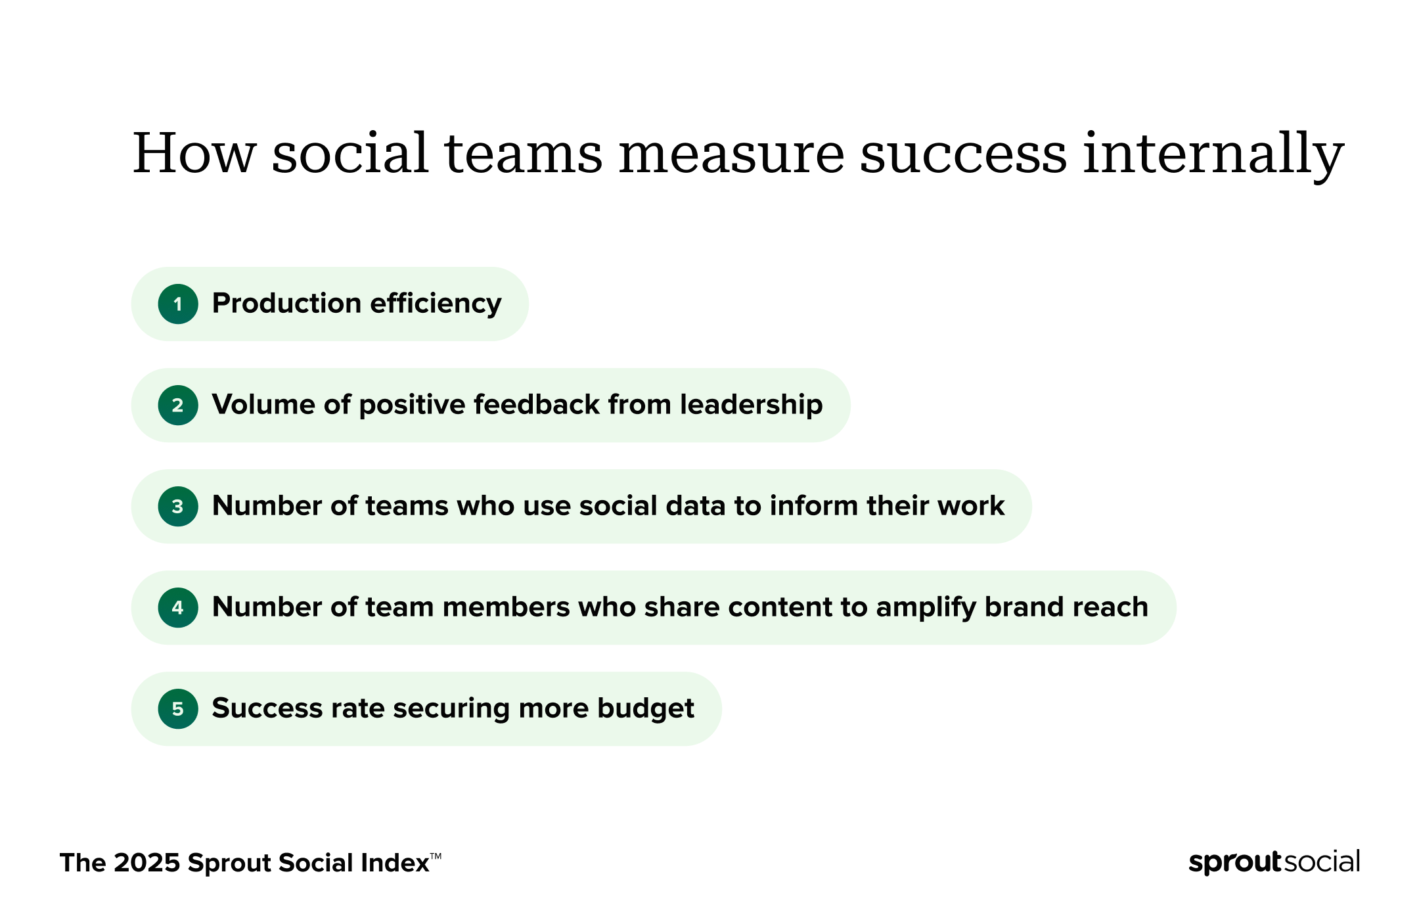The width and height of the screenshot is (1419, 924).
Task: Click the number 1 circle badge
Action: [178, 304]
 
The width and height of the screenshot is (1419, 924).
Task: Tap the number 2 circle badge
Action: [178, 405]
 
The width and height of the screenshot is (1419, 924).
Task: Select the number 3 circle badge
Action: [178, 506]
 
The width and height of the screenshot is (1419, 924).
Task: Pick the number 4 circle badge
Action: [178, 607]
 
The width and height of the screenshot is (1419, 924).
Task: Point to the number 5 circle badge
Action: [178, 708]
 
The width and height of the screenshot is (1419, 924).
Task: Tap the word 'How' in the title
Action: [194, 153]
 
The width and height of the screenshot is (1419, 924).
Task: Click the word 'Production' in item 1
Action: [287, 304]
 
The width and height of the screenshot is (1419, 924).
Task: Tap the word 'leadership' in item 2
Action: [751, 405]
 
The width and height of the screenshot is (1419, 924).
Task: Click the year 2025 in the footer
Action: [146, 863]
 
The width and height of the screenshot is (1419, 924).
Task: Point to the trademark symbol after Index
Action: [436, 856]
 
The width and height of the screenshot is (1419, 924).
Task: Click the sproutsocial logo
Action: [1274, 862]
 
